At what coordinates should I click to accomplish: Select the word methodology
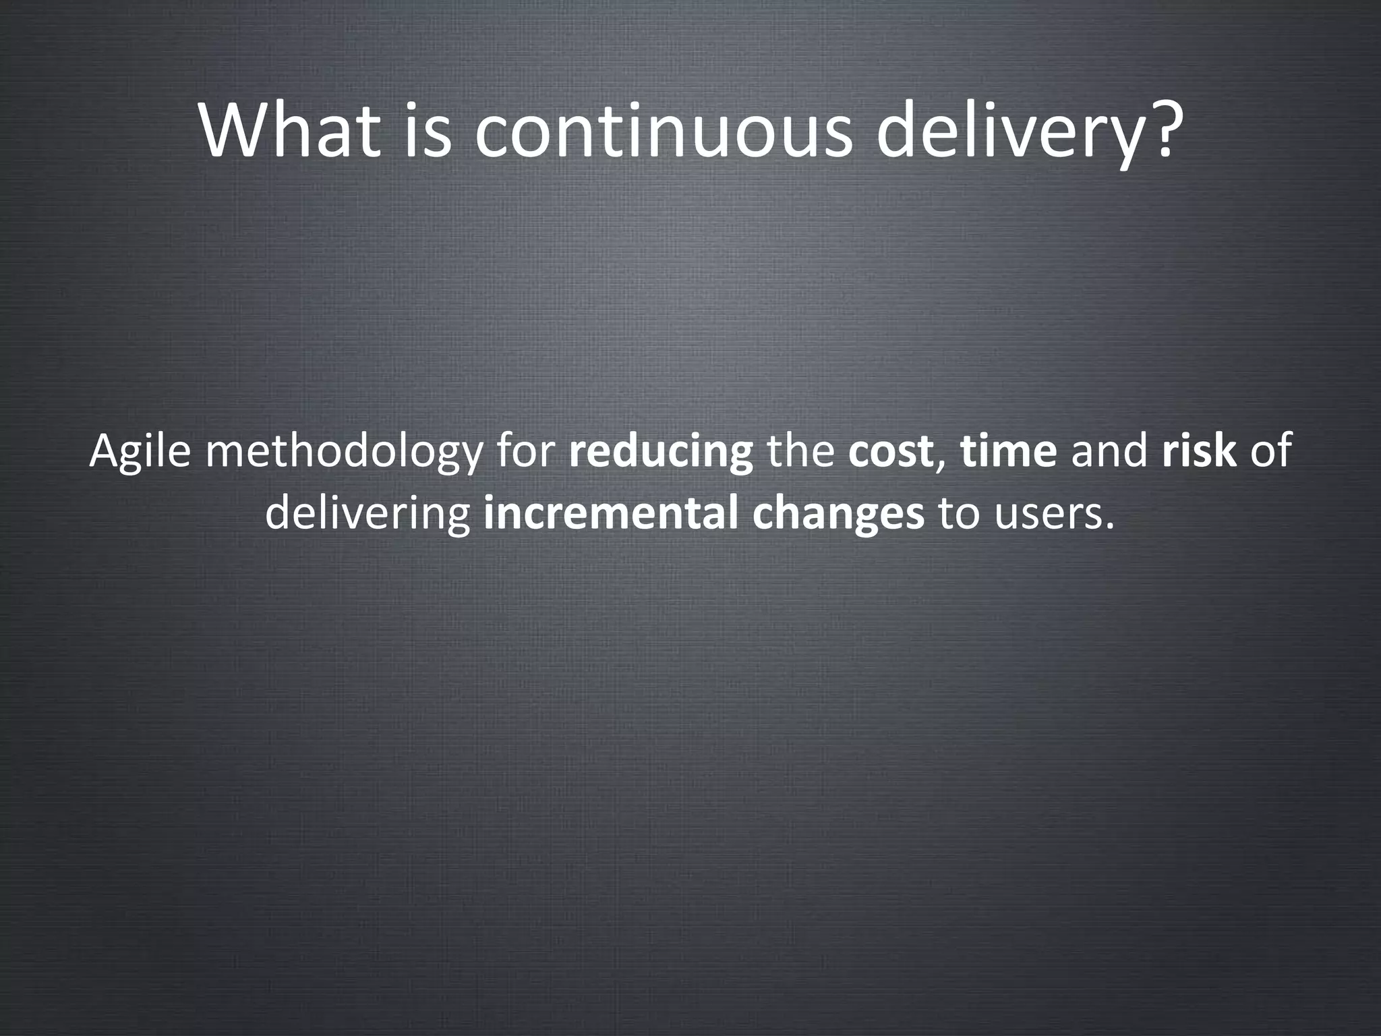click(344, 451)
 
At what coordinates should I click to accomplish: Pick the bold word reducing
click(661, 451)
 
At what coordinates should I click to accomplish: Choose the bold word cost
click(891, 451)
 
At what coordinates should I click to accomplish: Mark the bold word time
click(1008, 451)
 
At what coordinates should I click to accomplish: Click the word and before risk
click(1109, 451)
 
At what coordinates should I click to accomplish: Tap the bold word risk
click(1199, 451)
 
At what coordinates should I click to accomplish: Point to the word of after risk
click(1271, 451)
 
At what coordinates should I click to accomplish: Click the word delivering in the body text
click(368, 513)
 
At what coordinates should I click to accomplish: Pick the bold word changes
click(838, 513)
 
